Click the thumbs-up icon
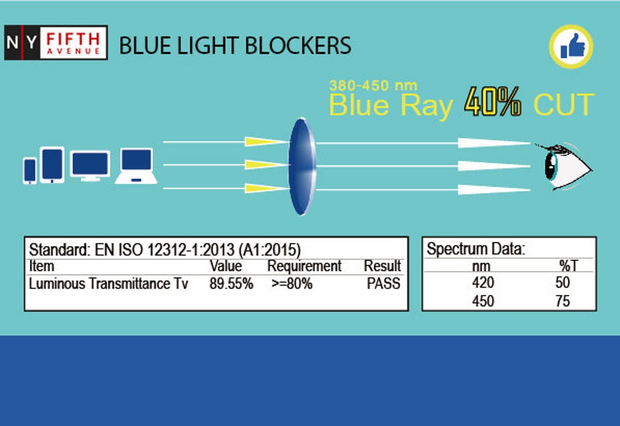coord(571,47)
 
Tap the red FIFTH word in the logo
coord(73,39)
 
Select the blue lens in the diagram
coord(302,166)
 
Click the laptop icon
coord(135,166)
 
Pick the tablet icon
coord(52,164)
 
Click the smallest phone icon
coord(30,170)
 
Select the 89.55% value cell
coord(231,283)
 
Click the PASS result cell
coord(383,283)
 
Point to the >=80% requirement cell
coord(292,283)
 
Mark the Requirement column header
coord(304,266)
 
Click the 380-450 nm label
coord(373,85)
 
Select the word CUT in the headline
coord(563,104)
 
